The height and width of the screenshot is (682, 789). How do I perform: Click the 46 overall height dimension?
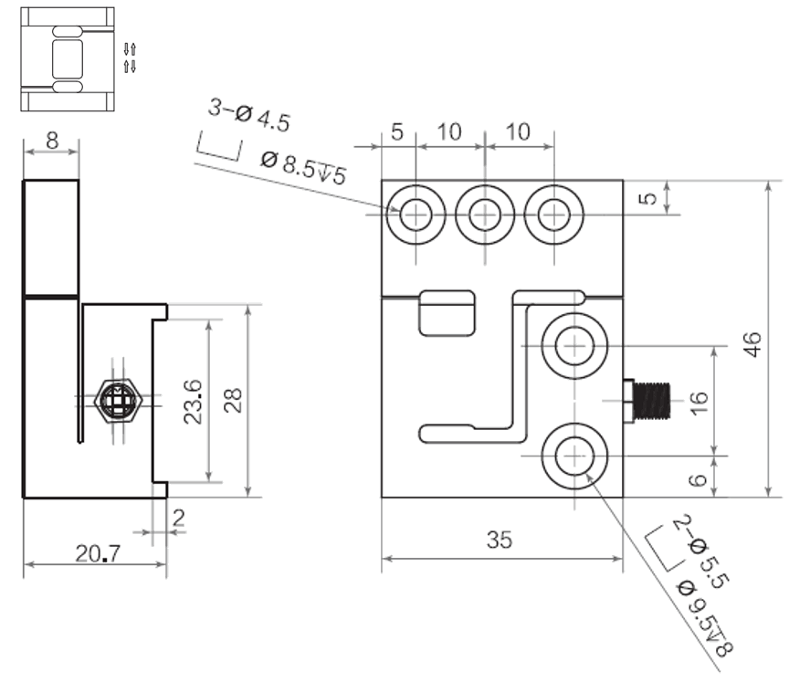752,344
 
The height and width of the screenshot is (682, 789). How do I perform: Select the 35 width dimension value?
500,540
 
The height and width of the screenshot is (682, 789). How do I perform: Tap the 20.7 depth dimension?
98,554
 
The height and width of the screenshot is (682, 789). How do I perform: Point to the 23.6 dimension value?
193,402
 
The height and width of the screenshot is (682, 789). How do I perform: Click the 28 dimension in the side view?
233,401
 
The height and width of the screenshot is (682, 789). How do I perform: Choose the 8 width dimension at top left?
52,141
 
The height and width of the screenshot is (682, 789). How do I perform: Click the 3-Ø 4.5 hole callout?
249,115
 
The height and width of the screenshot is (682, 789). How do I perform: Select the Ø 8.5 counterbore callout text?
304,168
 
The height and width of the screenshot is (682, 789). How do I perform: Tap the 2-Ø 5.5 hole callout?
701,551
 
